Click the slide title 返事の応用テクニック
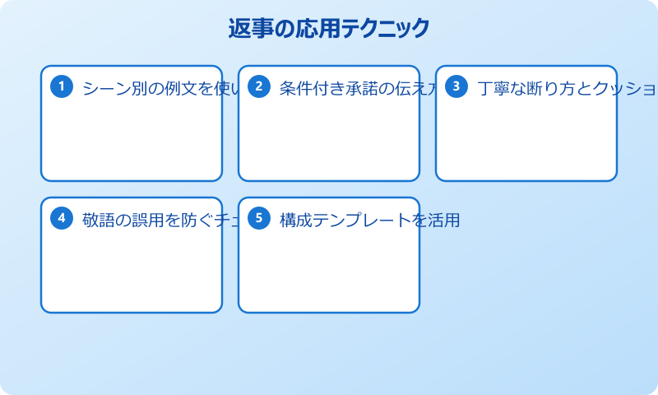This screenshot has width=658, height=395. tap(329, 29)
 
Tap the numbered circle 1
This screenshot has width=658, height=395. tap(62, 86)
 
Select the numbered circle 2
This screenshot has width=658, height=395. tap(259, 86)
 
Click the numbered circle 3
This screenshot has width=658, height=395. tap(456, 86)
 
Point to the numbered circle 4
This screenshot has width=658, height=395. tap(62, 218)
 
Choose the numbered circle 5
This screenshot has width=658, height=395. tap(259, 218)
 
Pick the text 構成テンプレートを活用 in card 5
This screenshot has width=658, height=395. tap(369, 221)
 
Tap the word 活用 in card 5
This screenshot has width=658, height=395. tap(443, 221)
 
